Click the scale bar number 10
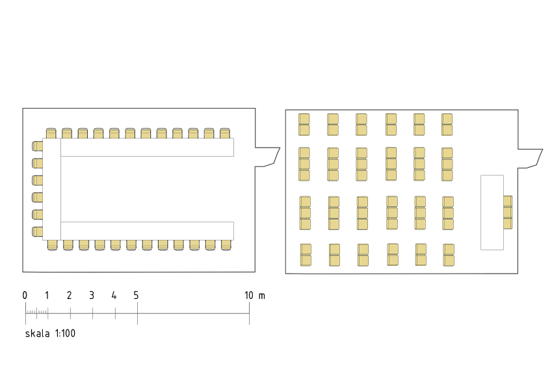pyautogui.click(x=249, y=295)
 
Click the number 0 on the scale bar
pyautogui.click(x=25, y=295)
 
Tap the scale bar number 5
pyautogui.click(x=137, y=295)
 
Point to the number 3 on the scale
pyautogui.click(x=92, y=295)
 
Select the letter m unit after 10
pyautogui.click(x=262, y=296)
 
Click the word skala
pyautogui.click(x=37, y=333)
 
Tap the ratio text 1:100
pyautogui.click(x=65, y=333)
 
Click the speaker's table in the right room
pyautogui.click(x=492, y=213)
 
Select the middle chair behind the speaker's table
pyautogui.click(x=508, y=213)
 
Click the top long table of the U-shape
pyautogui.click(x=147, y=147)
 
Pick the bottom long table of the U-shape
pyautogui.click(x=147, y=231)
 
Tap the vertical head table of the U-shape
pyautogui.click(x=52, y=189)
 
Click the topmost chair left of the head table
pyautogui.click(x=37, y=146)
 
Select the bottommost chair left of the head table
pyautogui.click(x=37, y=231)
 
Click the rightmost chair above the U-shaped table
pyautogui.click(x=224, y=133)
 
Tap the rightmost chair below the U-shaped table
pyautogui.click(x=226, y=245)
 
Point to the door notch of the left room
pyautogui.click(x=268, y=157)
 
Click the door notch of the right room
pyautogui.click(x=530, y=159)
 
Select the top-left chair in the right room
pyautogui.click(x=304, y=119)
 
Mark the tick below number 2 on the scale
pyautogui.click(x=70, y=313)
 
